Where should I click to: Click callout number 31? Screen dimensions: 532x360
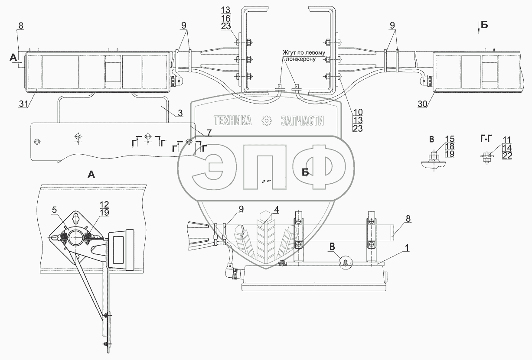pos(23,104)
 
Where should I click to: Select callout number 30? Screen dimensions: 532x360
pos(422,104)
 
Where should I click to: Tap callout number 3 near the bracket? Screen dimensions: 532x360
pos(180,113)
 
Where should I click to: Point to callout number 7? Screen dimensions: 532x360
pos(209,133)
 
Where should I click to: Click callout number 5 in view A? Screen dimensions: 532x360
pos(54,210)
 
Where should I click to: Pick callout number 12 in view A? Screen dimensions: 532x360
pos(104,204)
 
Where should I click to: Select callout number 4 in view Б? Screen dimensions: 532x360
pos(276,210)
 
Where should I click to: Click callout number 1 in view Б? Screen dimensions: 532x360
pos(407,248)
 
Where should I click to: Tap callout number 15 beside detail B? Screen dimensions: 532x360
pos(450,139)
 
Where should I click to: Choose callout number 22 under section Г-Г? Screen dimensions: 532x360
pos(507,156)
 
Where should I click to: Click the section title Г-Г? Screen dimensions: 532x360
pos(486,139)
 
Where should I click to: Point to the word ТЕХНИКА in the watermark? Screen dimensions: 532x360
pos(232,120)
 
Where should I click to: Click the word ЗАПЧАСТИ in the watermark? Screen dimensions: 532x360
pos(302,120)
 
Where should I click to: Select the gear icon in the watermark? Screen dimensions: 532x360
pos(266,120)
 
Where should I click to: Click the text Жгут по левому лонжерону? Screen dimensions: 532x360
pos(304,56)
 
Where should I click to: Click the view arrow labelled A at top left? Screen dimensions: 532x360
pos(16,59)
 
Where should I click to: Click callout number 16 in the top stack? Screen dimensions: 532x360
pos(225,18)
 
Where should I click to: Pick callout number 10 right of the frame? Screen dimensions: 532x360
pos(358,112)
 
